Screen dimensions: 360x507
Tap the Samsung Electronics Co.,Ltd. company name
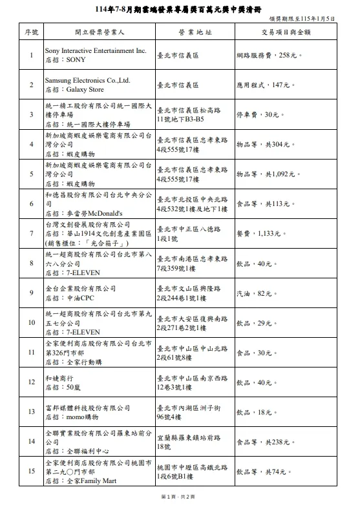tap(87, 80)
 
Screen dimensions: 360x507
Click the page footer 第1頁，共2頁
tap(180, 496)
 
